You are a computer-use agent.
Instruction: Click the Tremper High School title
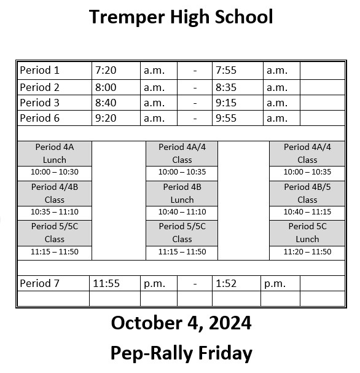tap(181, 17)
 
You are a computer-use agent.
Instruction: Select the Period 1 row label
tap(40, 70)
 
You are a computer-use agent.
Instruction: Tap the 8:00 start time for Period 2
tap(106, 87)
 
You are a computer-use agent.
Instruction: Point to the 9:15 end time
tap(226, 103)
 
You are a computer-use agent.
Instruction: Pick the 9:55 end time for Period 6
tap(226, 118)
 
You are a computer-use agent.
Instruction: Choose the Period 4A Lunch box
tap(54, 153)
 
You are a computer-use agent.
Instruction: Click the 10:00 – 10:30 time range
tap(54, 172)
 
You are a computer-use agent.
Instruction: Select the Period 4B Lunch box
tap(182, 193)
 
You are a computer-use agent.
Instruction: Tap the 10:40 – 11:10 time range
tap(182, 212)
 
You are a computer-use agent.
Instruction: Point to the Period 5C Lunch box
tap(307, 232)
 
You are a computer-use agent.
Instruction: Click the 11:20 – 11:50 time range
tap(307, 252)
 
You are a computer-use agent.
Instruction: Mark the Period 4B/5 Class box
tap(307, 193)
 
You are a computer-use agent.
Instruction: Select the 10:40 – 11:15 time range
tap(307, 212)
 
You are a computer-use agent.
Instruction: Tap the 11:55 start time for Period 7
tap(106, 283)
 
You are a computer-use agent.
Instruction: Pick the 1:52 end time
tap(225, 283)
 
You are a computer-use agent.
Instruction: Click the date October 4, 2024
tap(181, 323)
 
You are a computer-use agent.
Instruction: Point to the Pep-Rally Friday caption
tap(181, 353)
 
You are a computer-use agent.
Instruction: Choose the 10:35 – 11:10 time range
tap(54, 212)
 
